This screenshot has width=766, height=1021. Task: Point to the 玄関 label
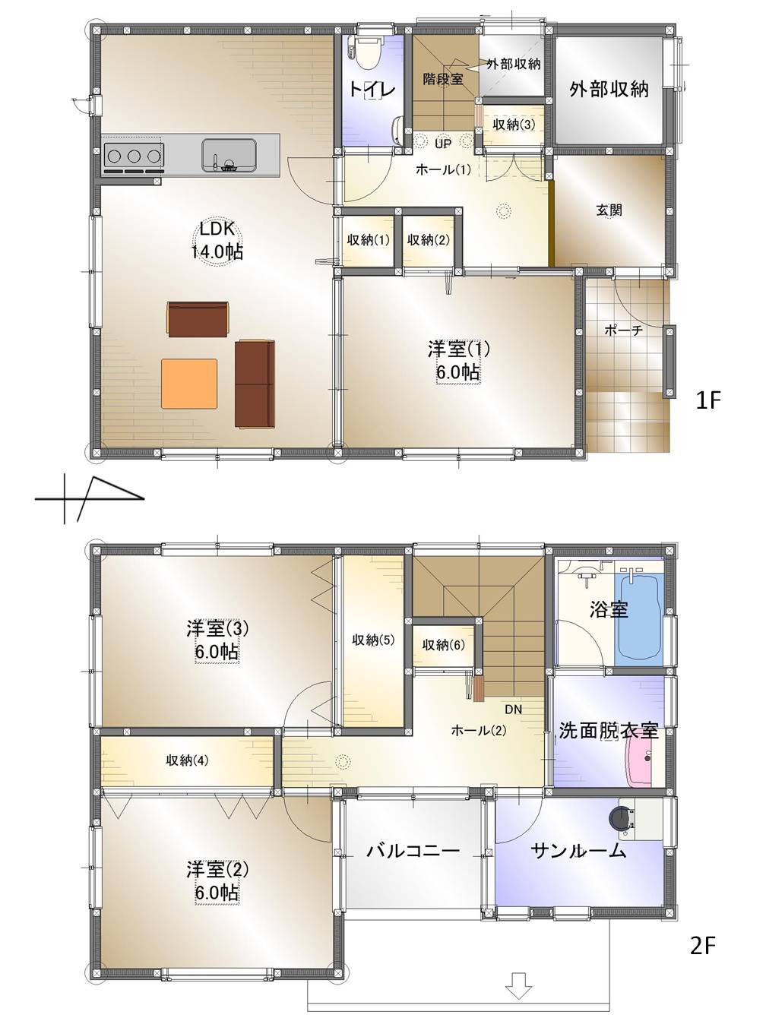(x=609, y=210)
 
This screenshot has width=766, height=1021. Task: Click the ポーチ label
(x=623, y=330)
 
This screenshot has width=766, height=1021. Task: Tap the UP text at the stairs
(x=444, y=141)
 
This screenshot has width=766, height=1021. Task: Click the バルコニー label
(x=413, y=850)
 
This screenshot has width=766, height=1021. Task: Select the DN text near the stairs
(x=513, y=710)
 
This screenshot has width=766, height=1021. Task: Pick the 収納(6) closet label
(x=443, y=645)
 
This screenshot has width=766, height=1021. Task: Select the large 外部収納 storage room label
(x=609, y=89)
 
